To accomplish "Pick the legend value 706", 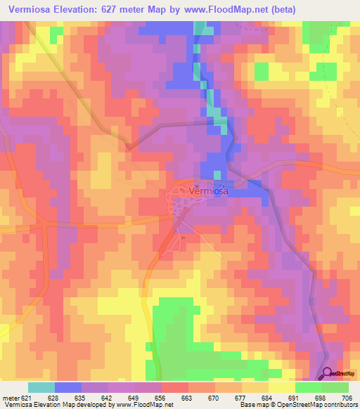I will pyautogui.click(x=348, y=397).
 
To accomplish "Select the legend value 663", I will pyautogui.click(x=188, y=397).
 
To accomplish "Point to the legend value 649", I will pyautogui.click(x=134, y=397).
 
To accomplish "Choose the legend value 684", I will pyautogui.click(x=268, y=397).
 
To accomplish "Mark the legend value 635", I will pyautogui.click(x=81, y=397).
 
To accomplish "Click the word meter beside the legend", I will pyautogui.click(x=10, y=397).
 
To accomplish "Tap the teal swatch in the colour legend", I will pyautogui.click(x=41, y=387).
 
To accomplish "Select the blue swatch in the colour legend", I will pyautogui.click(x=68, y=387).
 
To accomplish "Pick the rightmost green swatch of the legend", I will pyautogui.click(x=335, y=387).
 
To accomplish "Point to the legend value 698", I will pyautogui.click(x=321, y=397).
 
